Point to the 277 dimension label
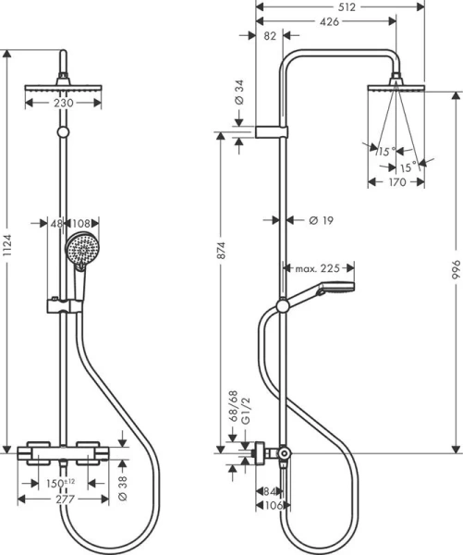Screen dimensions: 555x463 click(62, 499)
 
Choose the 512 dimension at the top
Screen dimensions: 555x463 click(347, 6)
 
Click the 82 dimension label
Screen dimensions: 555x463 click(269, 36)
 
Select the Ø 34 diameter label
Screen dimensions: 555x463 click(238, 92)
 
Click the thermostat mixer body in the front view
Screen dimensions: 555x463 click(62, 453)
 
